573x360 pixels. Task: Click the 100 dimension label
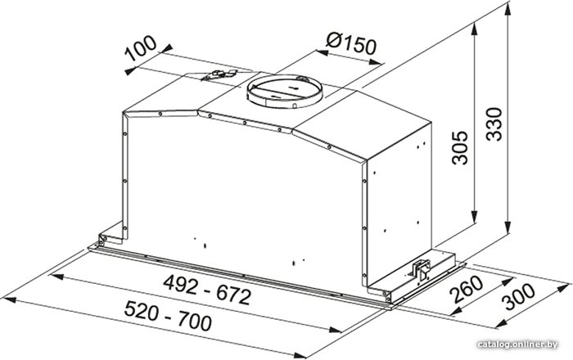141,47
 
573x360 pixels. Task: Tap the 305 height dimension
460,147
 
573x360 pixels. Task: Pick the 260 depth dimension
466,290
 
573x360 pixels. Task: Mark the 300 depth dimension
518,297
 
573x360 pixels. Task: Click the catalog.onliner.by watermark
517,344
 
